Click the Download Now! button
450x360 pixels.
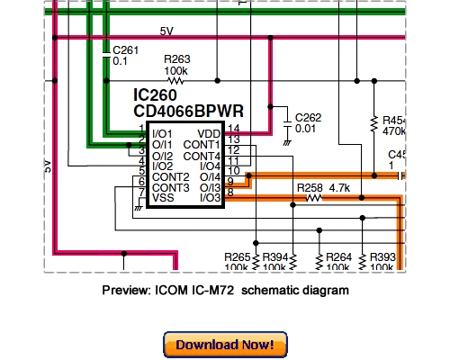click(225, 345)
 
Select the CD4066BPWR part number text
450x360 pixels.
click(190, 112)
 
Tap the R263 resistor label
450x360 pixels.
click(178, 57)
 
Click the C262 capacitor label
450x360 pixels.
click(309, 117)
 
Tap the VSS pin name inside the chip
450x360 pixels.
click(163, 198)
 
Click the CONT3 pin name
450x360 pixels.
click(170, 187)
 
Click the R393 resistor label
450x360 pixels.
click(381, 256)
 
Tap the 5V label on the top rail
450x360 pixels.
click(166, 31)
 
